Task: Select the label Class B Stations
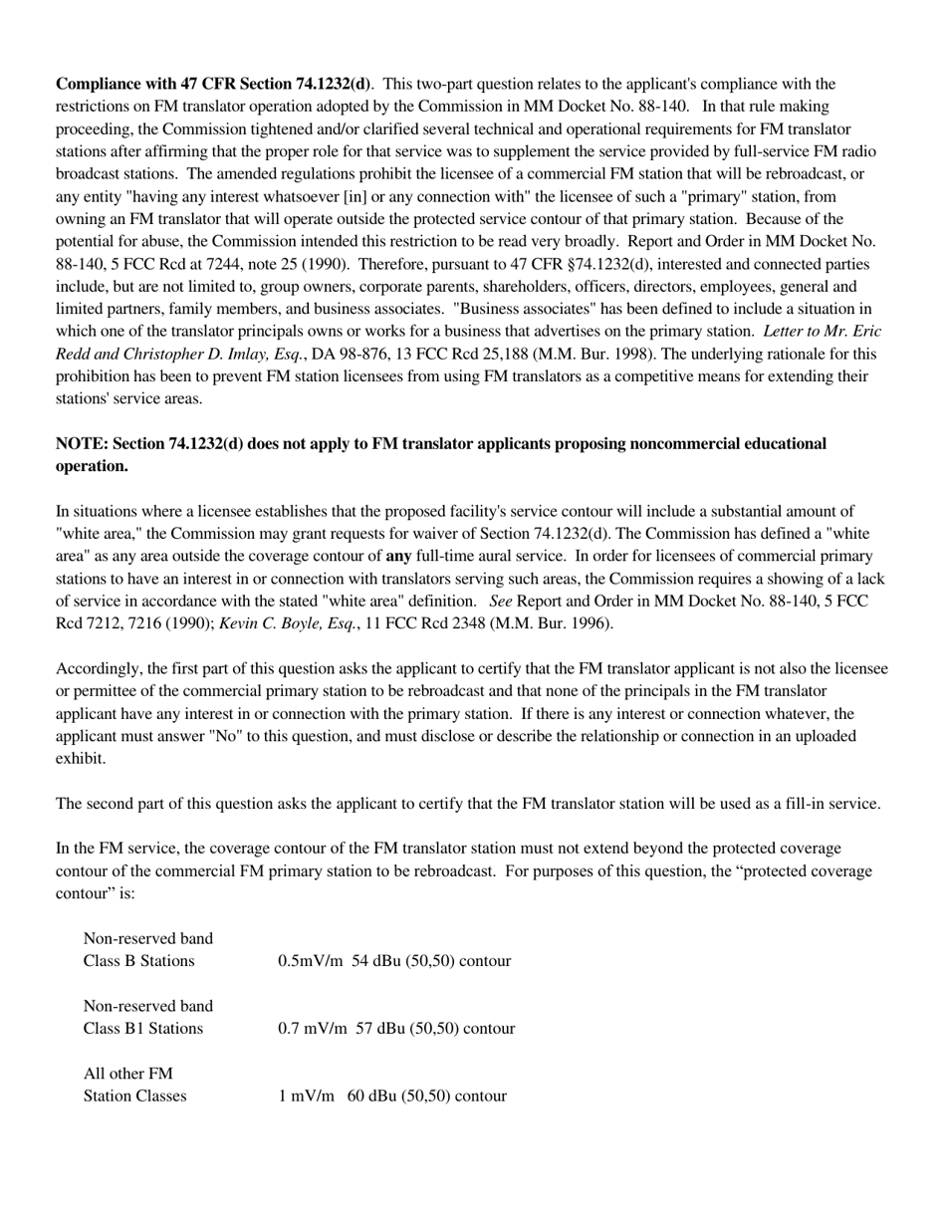(x=138, y=961)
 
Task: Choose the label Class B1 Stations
(x=143, y=1028)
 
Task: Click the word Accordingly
(x=99, y=668)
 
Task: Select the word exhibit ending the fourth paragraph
(x=80, y=758)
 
